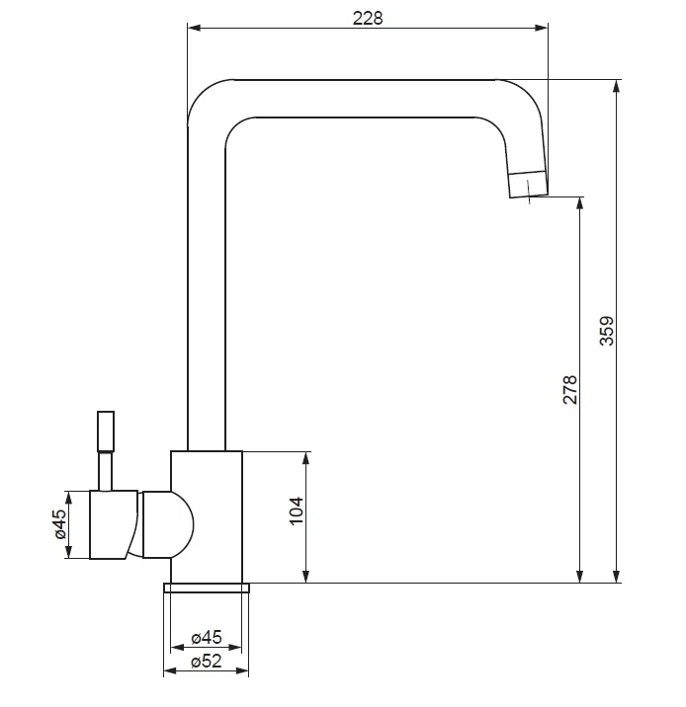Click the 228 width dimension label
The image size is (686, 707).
click(x=368, y=18)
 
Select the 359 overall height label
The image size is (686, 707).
click(x=607, y=331)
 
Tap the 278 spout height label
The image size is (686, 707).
click(x=570, y=390)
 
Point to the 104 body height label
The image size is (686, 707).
click(x=297, y=511)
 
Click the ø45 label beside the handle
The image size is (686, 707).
click(x=60, y=524)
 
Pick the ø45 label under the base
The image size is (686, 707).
click(x=207, y=637)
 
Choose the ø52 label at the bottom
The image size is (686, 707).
click(x=207, y=661)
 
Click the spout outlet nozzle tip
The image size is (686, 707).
click(x=529, y=184)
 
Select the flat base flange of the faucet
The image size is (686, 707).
click(x=207, y=588)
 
